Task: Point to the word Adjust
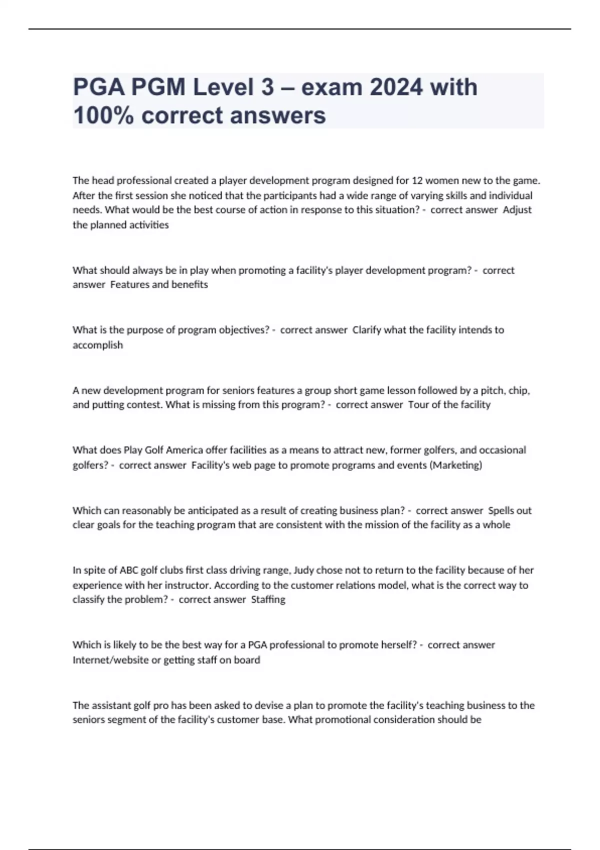tap(517, 210)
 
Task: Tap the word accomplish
tap(97, 345)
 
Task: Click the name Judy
tap(303, 570)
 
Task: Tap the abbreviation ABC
tap(129, 570)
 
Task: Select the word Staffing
tap(268, 599)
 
